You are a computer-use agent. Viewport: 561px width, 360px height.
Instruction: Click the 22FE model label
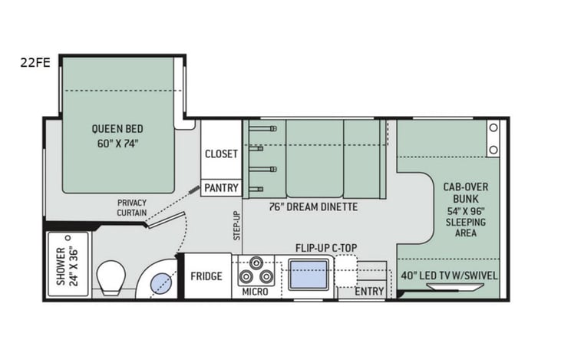pos(35,63)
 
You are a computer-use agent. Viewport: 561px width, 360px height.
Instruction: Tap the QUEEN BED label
pos(117,129)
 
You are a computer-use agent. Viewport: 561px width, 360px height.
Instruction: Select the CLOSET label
pos(221,154)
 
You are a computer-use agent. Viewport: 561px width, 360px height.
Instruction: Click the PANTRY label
pos(221,187)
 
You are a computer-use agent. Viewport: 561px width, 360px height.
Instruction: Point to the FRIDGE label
pos(206,276)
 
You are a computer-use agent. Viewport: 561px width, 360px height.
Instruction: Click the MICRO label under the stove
pos(255,292)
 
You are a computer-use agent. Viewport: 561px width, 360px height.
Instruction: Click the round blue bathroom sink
pos(161,283)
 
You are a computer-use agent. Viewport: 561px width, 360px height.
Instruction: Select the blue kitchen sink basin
pos(309,275)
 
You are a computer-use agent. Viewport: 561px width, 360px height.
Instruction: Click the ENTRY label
pos(369,292)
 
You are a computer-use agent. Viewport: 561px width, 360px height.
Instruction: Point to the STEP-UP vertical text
pos(237,226)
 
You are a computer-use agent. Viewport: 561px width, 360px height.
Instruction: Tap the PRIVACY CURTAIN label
pos(132,207)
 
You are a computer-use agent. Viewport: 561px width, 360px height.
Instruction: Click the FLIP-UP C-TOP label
pos(326,248)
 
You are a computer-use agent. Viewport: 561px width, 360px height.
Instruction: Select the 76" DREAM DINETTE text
pos(313,206)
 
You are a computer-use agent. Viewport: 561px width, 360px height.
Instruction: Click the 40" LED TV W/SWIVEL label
pos(449,276)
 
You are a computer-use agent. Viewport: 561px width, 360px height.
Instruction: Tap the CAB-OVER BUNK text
pos(466,193)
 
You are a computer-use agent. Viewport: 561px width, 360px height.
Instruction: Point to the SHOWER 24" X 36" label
pos(67,266)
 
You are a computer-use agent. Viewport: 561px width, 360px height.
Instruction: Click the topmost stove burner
pos(256,263)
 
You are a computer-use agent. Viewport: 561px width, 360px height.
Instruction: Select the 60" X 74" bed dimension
pos(117,144)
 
